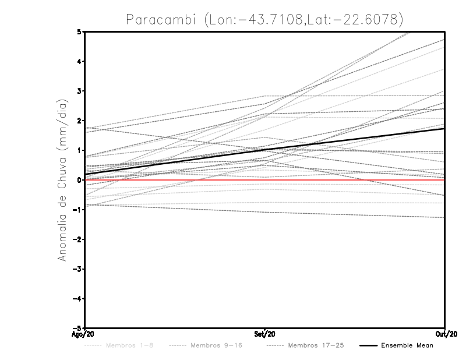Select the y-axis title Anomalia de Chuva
pyautogui.click(x=62, y=180)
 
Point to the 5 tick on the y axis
pyautogui.click(x=79, y=31)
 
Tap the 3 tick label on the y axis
pyautogui.click(x=79, y=91)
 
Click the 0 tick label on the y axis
pyautogui.click(x=79, y=180)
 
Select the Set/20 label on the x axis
pyautogui.click(x=265, y=334)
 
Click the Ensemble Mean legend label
pyautogui.click(x=407, y=345)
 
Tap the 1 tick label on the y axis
pyautogui.click(x=79, y=150)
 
